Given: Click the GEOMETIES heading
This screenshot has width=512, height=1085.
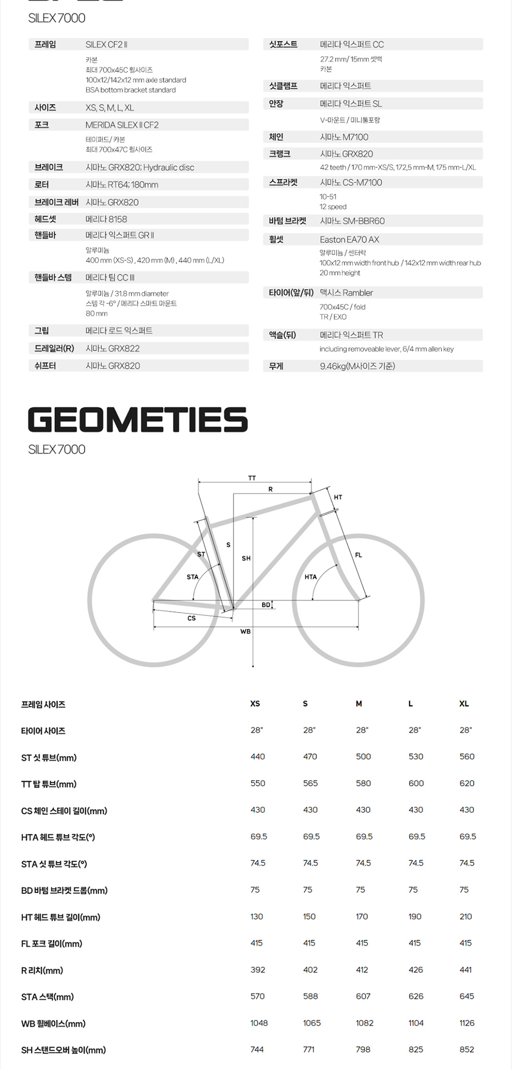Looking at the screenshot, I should click(137, 420).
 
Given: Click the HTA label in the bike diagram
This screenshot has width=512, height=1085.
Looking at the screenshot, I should click(311, 577).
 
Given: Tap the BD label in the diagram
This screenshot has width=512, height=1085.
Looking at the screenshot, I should click(266, 605).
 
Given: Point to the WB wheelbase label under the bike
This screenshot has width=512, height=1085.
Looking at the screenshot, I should click(245, 632).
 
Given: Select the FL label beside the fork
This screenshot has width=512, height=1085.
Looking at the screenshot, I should click(358, 555).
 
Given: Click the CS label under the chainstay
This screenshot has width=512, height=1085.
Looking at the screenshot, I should click(191, 618).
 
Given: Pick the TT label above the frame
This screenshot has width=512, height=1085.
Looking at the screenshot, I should click(252, 478).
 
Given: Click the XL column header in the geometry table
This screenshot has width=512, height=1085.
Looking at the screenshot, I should click(464, 704).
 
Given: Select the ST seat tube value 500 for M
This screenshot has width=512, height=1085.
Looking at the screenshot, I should click(363, 757).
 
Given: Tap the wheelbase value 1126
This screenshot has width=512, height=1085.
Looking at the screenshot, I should click(467, 1023).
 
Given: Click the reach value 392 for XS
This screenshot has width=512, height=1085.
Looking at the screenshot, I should click(258, 969).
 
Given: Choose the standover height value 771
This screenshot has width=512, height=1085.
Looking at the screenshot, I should click(309, 1049).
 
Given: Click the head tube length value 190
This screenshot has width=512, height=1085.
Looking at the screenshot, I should click(415, 916).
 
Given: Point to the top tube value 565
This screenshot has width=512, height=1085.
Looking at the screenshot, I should click(311, 783).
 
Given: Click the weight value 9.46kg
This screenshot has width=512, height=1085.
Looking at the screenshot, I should click(357, 366).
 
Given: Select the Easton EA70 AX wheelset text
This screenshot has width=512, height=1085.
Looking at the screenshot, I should click(349, 239).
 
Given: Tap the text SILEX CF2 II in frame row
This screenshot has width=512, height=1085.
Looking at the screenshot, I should click(106, 45).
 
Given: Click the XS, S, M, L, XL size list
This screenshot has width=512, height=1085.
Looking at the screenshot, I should click(110, 108).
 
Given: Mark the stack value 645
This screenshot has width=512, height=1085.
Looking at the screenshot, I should click(467, 996).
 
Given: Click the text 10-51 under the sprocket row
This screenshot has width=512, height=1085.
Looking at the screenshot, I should click(328, 196).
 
